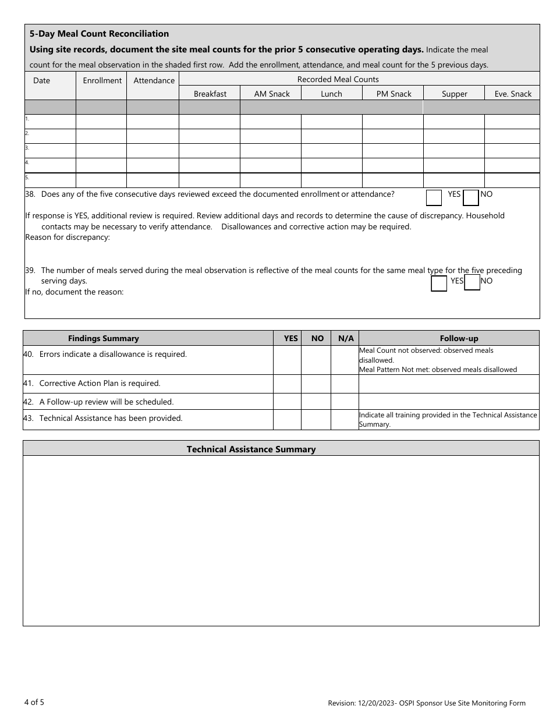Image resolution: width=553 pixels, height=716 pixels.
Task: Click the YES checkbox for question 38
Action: (434, 198)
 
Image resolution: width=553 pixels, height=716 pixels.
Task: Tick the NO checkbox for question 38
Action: (470, 198)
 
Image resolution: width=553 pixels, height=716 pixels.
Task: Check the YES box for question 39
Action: (438, 283)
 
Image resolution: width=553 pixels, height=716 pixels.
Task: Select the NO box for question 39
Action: (472, 283)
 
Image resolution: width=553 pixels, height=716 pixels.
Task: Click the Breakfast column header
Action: (210, 94)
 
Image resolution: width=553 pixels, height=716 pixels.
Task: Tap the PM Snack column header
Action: (394, 94)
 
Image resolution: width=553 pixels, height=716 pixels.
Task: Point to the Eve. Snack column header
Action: (513, 94)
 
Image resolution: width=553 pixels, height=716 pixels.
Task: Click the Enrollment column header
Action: (102, 80)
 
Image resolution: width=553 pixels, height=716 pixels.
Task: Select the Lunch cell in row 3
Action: (331, 151)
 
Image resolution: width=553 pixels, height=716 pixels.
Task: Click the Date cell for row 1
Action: (50, 122)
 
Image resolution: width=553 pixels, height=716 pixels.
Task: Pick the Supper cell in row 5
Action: (453, 180)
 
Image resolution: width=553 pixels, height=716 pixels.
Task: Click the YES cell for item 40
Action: (287, 360)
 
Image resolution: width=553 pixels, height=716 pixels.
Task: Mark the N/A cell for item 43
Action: (345, 420)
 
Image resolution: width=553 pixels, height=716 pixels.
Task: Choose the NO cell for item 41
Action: (317, 384)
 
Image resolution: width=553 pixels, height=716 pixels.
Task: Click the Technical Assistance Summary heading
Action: (251, 449)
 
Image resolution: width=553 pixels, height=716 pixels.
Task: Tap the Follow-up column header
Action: (459, 338)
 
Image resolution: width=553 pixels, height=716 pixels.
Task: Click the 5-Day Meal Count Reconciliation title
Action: (99, 34)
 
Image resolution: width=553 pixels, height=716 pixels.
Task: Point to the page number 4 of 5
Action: (34, 702)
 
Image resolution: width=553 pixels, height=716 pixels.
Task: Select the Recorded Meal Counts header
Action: (338, 79)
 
